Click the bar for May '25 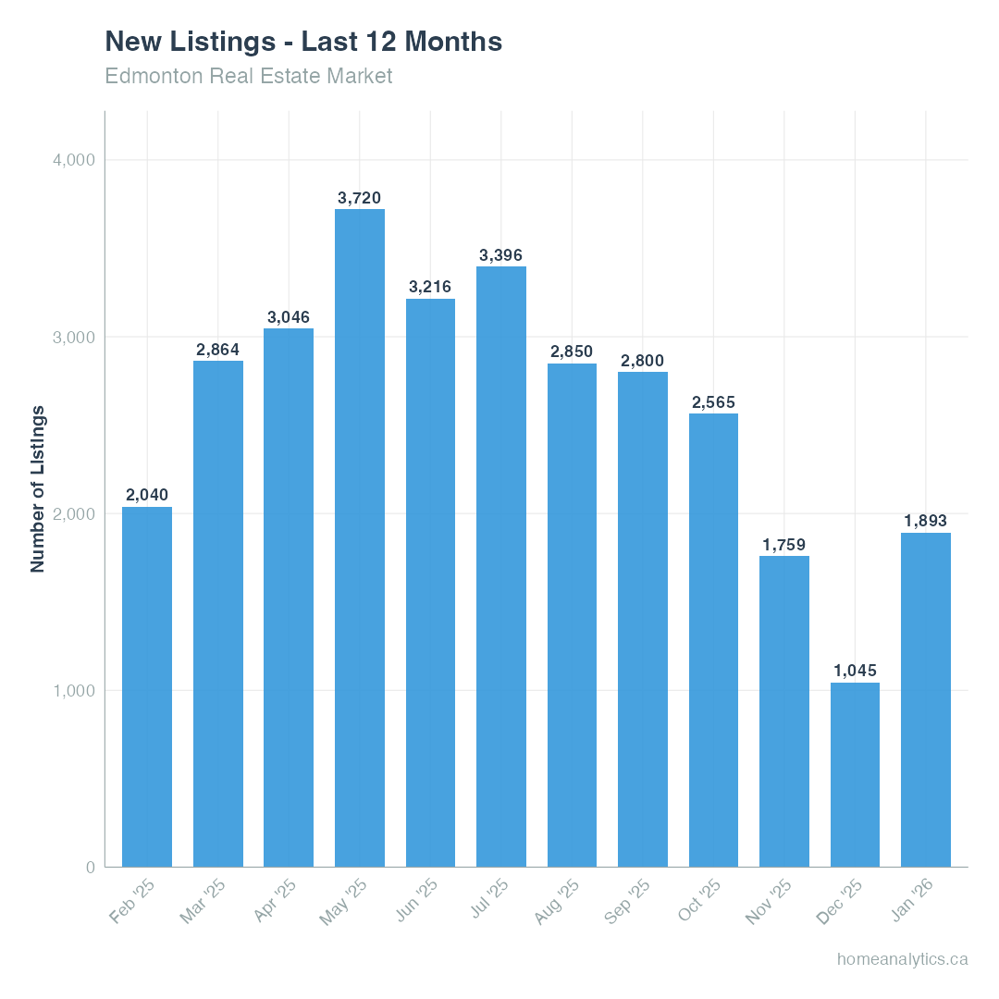click(x=360, y=537)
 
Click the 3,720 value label click(x=360, y=198)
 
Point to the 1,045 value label click(x=855, y=671)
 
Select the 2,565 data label click(x=713, y=402)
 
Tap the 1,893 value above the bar click(x=925, y=522)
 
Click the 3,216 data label click(x=430, y=287)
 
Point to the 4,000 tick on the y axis click(x=74, y=160)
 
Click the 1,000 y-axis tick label click(x=74, y=691)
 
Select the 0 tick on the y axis click(x=91, y=868)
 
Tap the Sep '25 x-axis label click(x=628, y=902)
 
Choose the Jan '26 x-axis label click(x=912, y=902)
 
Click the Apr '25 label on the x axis click(x=275, y=902)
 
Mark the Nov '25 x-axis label click(x=770, y=902)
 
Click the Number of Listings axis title click(x=38, y=488)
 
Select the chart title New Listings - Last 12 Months click(x=303, y=42)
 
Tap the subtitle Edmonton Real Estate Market click(x=249, y=76)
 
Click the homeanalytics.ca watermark click(x=902, y=959)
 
